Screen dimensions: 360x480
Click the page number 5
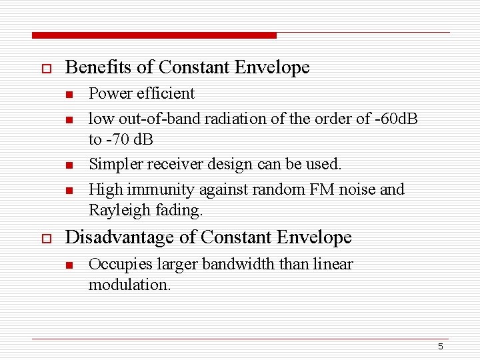(x=441, y=347)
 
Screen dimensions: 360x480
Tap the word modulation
(x=129, y=285)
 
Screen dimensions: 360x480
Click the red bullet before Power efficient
(x=68, y=95)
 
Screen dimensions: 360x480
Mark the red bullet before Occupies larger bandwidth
(x=68, y=265)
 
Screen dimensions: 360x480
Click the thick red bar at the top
(x=154, y=35)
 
